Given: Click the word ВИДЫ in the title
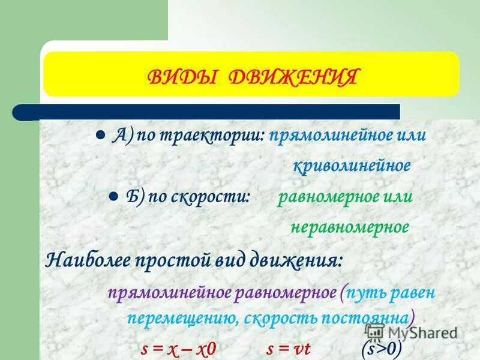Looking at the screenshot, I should point(181,78).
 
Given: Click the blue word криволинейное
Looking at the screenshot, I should point(352,166).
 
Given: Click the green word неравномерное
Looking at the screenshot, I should point(350,227).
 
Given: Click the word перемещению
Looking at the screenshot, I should point(174,318).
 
